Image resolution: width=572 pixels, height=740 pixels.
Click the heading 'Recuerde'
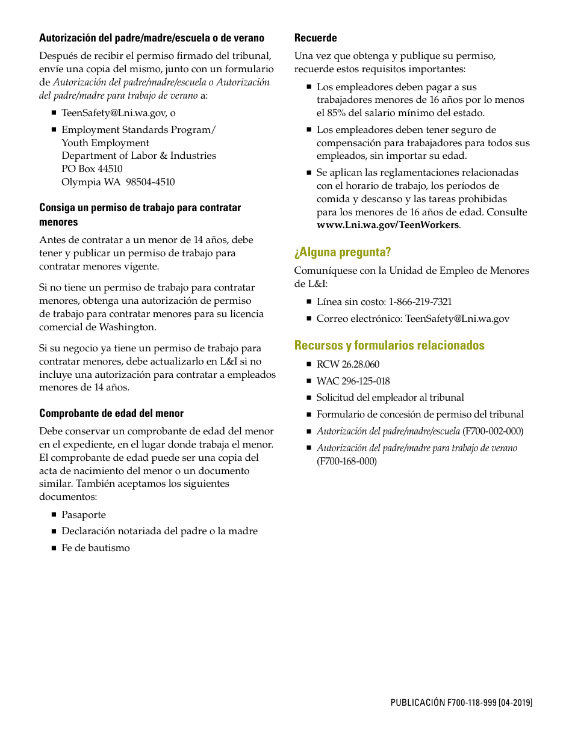pos(316,38)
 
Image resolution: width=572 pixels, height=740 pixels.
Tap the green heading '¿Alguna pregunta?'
pos(343,252)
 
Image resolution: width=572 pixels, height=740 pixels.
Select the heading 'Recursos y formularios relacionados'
pos(389,345)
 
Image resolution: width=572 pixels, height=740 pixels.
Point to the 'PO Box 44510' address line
pos(92,169)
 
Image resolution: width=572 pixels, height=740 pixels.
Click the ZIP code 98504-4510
pos(151,182)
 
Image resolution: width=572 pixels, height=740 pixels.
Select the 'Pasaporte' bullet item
pos(83,515)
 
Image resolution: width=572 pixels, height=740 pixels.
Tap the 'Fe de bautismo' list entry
pos(95,548)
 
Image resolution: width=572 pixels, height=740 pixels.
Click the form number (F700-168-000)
pos(347,461)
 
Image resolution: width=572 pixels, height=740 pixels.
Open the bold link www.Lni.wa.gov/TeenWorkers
pos(388,225)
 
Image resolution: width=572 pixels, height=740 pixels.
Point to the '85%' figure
pos(336,113)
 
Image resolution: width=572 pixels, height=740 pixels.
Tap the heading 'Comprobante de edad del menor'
pos(111,413)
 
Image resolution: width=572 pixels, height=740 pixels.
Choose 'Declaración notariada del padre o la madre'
pos(160,531)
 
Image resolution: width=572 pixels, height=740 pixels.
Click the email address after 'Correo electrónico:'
pos(457,319)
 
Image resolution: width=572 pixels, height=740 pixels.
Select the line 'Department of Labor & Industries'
pos(138,156)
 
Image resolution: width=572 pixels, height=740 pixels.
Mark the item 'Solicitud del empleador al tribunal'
pos(390,398)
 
